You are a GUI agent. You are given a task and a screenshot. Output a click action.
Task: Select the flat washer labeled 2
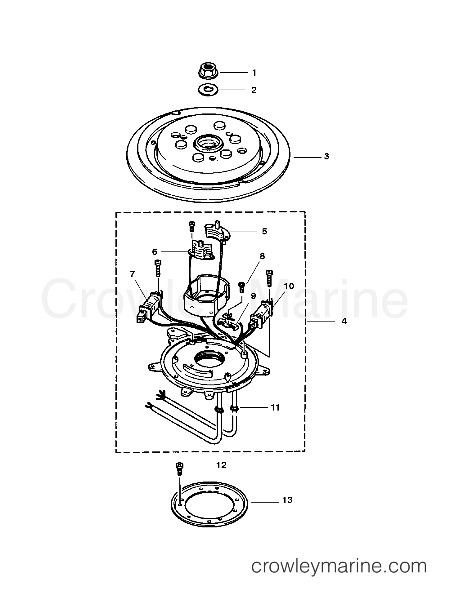tap(208, 90)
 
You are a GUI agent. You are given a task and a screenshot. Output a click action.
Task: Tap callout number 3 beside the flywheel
tap(326, 157)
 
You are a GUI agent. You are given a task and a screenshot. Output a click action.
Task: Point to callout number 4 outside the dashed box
tap(344, 322)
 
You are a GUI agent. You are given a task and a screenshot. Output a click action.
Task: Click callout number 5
tap(264, 231)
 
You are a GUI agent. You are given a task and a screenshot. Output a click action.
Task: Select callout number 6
tap(155, 252)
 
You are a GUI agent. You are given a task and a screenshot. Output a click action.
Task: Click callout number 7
tap(132, 274)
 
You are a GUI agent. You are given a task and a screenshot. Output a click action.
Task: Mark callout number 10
tap(289, 286)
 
